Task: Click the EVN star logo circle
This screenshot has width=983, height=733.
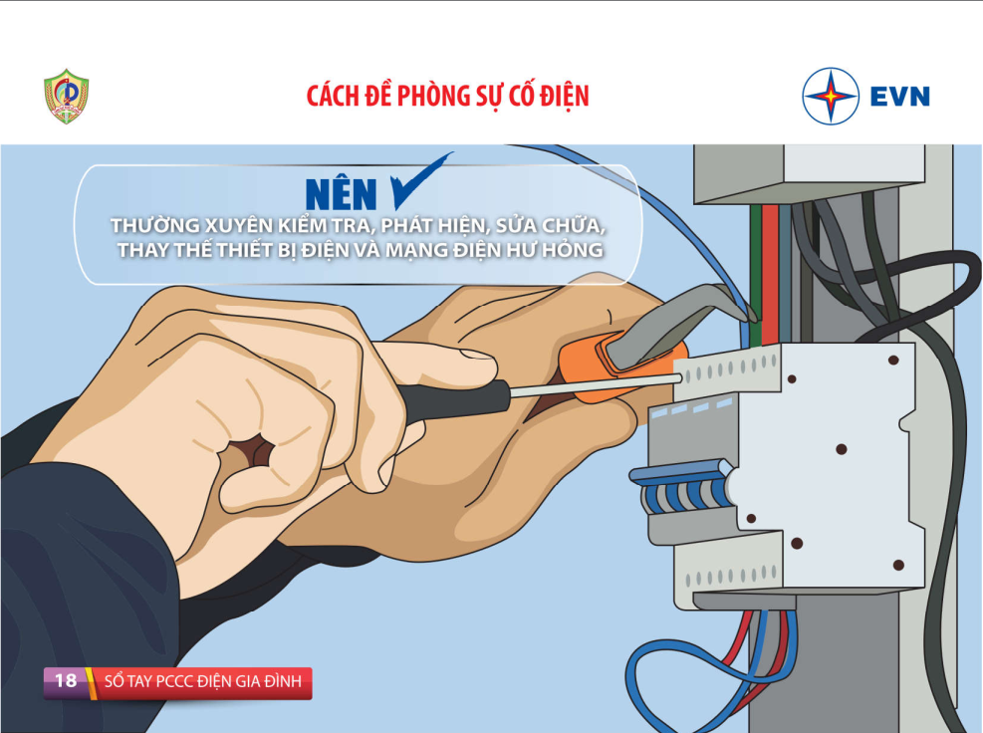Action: (831, 96)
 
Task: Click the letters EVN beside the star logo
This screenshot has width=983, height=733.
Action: (899, 97)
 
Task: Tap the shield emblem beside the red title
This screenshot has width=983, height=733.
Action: (66, 96)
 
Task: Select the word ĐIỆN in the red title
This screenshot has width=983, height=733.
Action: (565, 97)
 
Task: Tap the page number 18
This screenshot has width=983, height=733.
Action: (66, 680)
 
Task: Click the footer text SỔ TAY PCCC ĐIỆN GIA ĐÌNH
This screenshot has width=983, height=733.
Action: (203, 681)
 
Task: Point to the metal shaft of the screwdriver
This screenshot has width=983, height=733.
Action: (596, 385)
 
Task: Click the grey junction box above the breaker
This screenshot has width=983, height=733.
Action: (809, 172)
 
